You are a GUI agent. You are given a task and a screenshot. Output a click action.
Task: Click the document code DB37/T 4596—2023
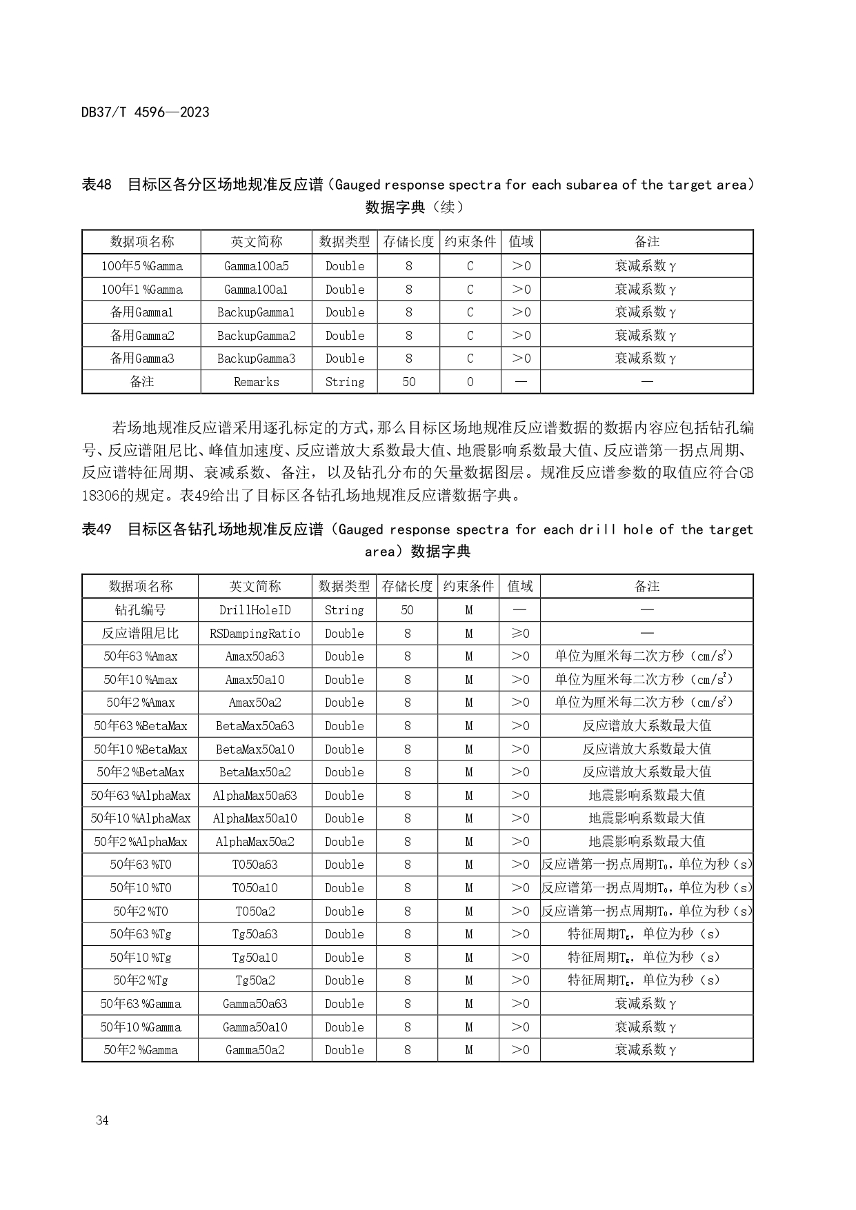(146, 112)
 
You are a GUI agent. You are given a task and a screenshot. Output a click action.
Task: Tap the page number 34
(102, 1120)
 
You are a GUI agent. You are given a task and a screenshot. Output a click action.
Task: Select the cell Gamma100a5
(256, 266)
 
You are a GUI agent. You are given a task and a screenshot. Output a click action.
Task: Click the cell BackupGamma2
(256, 336)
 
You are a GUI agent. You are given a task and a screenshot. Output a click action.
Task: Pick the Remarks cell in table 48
(256, 382)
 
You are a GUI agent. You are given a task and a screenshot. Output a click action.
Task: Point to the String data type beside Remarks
(344, 382)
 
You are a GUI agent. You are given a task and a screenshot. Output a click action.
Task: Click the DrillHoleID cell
(255, 610)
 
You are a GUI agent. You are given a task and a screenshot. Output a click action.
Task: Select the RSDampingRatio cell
(255, 634)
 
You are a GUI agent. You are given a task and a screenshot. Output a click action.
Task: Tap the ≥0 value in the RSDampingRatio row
(519, 634)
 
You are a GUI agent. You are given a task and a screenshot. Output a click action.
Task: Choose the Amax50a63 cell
(255, 656)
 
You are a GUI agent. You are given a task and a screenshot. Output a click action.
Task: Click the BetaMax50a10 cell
(255, 749)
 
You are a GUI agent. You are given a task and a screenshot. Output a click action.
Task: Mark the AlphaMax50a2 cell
(255, 842)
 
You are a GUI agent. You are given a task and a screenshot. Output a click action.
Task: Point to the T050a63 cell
(255, 865)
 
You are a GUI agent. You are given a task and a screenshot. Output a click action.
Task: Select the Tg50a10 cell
(255, 958)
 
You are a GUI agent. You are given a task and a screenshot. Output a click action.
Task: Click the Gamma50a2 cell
(255, 1050)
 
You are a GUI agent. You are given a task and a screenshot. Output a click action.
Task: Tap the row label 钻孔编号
(140, 610)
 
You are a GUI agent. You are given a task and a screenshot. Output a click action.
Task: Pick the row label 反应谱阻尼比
(140, 634)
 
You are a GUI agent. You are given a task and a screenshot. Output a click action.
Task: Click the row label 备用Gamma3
(141, 359)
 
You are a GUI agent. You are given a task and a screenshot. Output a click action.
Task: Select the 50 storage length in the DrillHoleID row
(407, 610)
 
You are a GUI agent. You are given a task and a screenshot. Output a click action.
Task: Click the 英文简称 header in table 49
(255, 587)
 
